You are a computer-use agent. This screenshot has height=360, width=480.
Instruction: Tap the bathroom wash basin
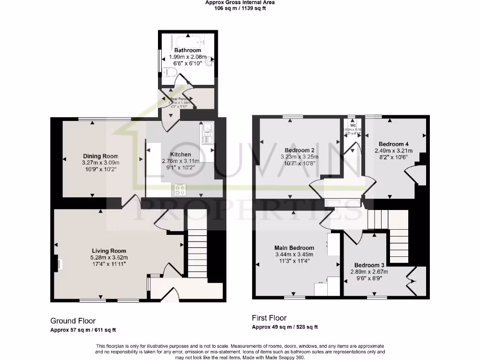pyautogui.click(x=211, y=60)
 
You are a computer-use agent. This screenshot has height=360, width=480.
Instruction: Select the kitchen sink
pyautogui.click(x=207, y=132)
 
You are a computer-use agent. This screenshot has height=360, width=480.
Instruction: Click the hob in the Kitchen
pyautogui.click(x=180, y=189)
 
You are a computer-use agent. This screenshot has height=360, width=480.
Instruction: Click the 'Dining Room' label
pyautogui.click(x=101, y=156)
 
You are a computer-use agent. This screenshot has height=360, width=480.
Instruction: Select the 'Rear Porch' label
pyautogui.click(x=179, y=99)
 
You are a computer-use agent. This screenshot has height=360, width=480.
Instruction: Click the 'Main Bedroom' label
pyautogui.click(x=294, y=247)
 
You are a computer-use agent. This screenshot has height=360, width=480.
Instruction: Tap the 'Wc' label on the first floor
pyautogui.click(x=353, y=126)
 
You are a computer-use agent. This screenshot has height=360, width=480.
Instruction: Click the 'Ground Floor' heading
pyautogui.click(x=73, y=321)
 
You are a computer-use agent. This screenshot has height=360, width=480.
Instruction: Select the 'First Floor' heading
pyautogui.click(x=270, y=318)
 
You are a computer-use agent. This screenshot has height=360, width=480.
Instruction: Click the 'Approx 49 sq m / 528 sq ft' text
pyautogui.click(x=288, y=327)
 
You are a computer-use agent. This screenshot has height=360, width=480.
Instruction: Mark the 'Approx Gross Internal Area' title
pyautogui.click(x=240, y=2)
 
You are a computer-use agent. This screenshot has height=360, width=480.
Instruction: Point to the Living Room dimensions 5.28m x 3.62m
pyautogui.click(x=109, y=257)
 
